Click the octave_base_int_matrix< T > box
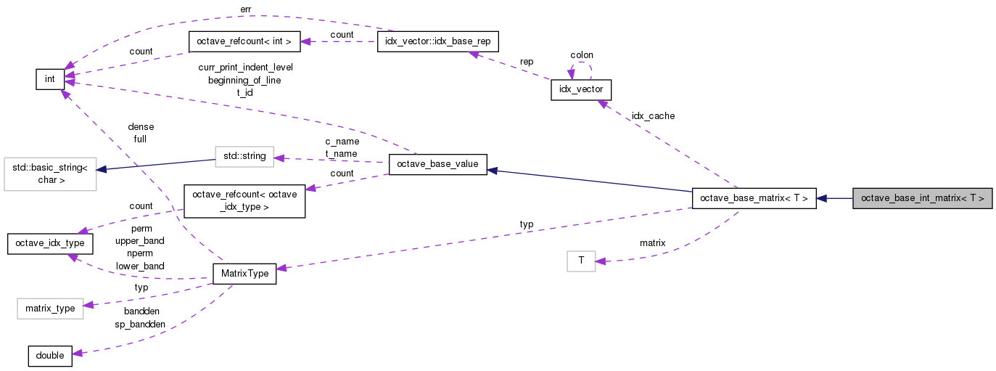[x=922, y=198]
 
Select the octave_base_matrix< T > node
[x=755, y=198]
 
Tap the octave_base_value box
[x=437, y=165]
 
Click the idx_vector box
[x=582, y=90]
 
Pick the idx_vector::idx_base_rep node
[x=438, y=41]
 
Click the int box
[x=50, y=79]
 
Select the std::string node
[x=244, y=156]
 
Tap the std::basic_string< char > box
[x=50, y=174]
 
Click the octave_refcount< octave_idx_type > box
[x=244, y=201]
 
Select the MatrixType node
[x=244, y=274]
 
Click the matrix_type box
[x=50, y=309]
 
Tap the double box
[x=50, y=356]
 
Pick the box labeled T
[x=580, y=261]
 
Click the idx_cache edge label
[x=653, y=116]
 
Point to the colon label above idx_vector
[x=582, y=55]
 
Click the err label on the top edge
[x=245, y=9]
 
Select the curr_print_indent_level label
[x=245, y=68]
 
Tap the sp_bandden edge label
[x=140, y=324]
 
